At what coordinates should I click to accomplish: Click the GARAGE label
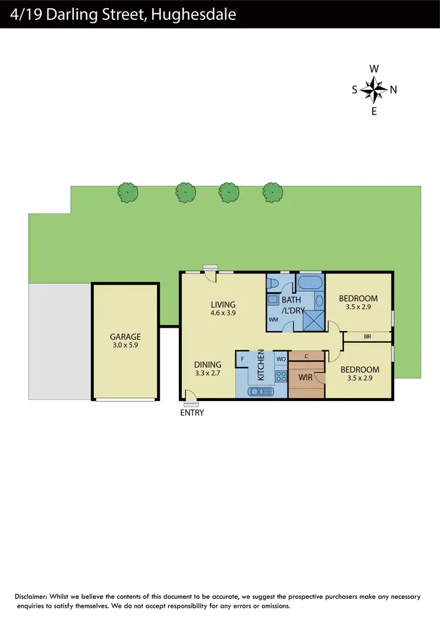click(126, 337)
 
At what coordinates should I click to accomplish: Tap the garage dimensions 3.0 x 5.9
click(126, 346)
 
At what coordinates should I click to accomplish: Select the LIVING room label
click(224, 305)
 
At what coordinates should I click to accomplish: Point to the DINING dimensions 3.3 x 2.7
click(208, 373)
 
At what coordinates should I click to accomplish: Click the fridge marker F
click(242, 358)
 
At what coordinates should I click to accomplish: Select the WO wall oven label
click(280, 358)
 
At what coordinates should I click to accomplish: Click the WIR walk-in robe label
click(305, 377)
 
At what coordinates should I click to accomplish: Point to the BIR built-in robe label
click(368, 336)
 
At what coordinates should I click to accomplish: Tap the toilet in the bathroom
click(273, 284)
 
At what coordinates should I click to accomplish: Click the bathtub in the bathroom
click(310, 282)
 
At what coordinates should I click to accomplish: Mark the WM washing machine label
click(273, 320)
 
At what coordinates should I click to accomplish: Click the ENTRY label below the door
click(192, 413)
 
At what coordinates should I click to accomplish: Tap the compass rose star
click(374, 90)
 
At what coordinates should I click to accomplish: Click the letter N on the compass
click(394, 90)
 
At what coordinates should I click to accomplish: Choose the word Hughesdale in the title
click(194, 14)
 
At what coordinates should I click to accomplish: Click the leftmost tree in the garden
click(128, 192)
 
